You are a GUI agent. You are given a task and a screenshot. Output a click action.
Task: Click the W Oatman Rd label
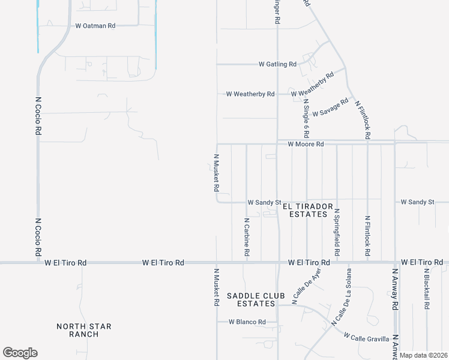click(95, 26)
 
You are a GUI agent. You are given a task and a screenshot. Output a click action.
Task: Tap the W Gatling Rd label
click(277, 64)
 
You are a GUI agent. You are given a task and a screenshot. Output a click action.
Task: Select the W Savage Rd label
click(330, 107)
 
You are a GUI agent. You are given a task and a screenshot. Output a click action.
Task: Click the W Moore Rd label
click(306, 144)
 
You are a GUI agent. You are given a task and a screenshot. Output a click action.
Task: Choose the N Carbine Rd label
click(246, 238)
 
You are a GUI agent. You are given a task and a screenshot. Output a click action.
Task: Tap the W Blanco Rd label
click(247, 322)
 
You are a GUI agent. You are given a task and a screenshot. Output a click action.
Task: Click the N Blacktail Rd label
click(426, 289)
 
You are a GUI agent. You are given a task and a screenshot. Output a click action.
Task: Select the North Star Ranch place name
click(83, 330)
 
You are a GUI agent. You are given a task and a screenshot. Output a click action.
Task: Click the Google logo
click(20, 352)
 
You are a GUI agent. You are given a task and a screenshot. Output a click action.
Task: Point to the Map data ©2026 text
click(423, 355)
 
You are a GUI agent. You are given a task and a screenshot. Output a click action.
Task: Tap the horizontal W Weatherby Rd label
click(250, 94)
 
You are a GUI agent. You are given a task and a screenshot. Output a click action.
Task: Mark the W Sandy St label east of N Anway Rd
click(417, 202)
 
